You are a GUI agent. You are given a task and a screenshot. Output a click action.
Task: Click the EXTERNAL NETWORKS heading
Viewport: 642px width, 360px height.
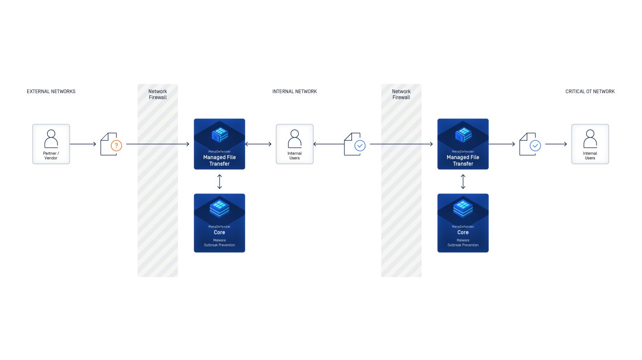click(51, 91)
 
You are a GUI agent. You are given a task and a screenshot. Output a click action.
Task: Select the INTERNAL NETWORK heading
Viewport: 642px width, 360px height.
click(294, 91)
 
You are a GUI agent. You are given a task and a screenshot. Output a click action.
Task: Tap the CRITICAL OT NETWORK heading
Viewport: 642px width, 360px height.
click(590, 91)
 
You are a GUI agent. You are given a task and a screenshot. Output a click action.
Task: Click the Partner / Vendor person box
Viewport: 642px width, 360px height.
click(51, 144)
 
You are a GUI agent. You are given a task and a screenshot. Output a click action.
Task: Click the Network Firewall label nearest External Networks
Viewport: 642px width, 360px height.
click(157, 94)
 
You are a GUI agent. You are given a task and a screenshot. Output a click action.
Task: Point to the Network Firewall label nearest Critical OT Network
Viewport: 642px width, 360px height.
click(401, 94)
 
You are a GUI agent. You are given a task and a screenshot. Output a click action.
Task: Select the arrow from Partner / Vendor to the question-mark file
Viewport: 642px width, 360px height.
click(83, 144)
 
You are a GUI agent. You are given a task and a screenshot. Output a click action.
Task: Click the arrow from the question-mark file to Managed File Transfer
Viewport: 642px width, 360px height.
click(158, 144)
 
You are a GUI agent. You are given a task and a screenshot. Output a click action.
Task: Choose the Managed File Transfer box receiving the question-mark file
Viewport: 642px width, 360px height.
click(219, 144)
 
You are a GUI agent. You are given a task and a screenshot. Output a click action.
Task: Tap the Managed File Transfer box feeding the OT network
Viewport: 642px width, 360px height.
click(463, 144)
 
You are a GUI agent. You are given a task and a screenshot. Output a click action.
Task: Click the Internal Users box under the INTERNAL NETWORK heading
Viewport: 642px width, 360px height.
click(294, 144)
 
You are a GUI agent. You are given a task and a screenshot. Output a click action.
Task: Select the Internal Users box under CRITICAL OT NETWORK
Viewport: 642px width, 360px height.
click(590, 144)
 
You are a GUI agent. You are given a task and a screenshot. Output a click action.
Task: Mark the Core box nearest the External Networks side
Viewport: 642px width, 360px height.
click(219, 223)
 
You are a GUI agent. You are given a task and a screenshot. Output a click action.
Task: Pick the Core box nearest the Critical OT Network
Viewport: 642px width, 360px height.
click(463, 223)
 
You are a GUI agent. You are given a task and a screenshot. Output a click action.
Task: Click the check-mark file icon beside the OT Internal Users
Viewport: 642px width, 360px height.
click(530, 144)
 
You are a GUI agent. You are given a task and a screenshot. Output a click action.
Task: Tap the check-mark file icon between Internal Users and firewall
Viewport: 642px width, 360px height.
click(354, 144)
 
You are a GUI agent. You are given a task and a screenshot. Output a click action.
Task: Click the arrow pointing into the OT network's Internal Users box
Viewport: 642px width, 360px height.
click(556, 144)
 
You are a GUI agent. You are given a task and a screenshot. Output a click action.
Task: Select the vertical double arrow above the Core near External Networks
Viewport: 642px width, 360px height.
click(219, 181)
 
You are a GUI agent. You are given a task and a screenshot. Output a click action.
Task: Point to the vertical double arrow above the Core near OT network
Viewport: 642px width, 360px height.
click(463, 181)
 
